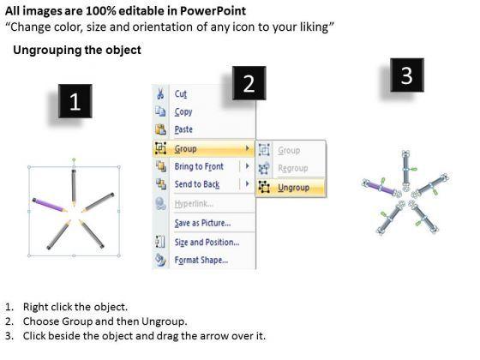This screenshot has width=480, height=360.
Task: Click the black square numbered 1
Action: coord(75,101)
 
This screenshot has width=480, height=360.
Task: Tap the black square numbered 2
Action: coord(249,83)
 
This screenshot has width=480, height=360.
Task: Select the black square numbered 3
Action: coord(407,75)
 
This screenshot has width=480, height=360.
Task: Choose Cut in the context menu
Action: coord(180,93)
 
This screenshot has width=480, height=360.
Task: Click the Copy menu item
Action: coord(183,111)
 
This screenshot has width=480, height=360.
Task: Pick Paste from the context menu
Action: coord(183,129)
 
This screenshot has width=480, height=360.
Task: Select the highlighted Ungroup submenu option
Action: coord(293,188)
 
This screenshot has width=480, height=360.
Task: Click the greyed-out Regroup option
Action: coord(292,168)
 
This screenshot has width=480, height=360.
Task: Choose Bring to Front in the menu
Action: coord(199,166)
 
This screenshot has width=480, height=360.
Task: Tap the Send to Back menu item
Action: coord(197,184)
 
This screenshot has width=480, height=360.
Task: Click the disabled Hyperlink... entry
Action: coord(194,204)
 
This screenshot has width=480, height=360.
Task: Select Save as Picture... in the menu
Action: coord(202,223)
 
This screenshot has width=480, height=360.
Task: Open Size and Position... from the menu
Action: coord(207,242)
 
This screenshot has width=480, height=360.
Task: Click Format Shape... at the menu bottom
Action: coord(201,261)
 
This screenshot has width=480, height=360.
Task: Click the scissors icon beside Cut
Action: coord(160,93)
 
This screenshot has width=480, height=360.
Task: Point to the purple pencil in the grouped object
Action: coord(50,205)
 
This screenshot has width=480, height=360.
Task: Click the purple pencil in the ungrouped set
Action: coord(381,188)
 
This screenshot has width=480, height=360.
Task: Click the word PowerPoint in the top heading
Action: coord(213,11)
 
